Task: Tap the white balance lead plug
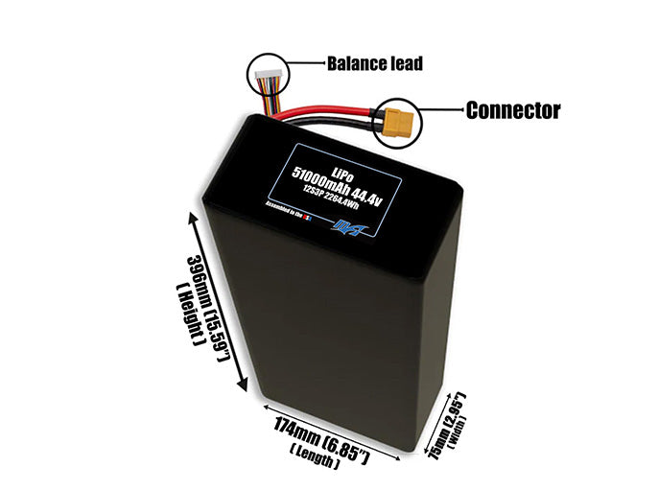tap(266, 73)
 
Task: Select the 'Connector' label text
tap(512, 110)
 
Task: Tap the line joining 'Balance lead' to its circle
tap(304, 64)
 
